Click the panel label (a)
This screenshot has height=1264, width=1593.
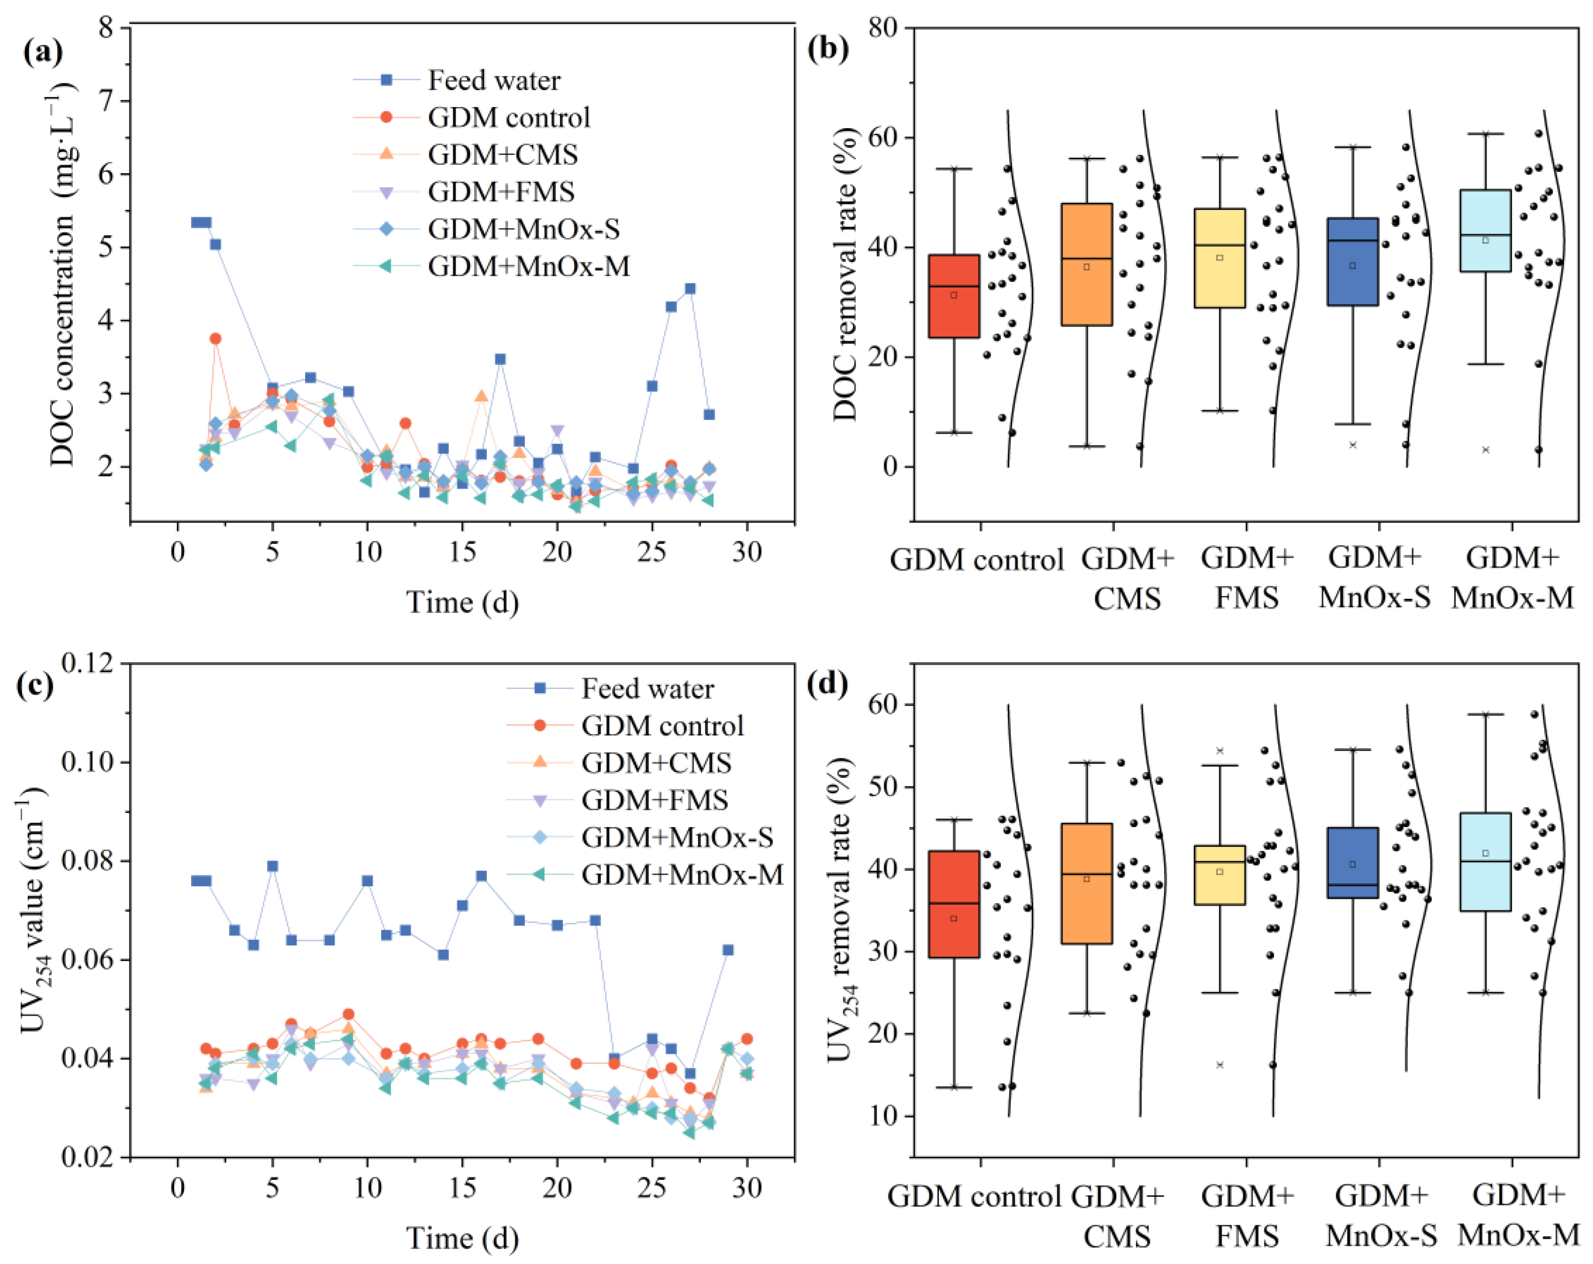tap(43, 52)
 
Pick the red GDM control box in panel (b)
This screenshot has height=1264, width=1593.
tap(953, 296)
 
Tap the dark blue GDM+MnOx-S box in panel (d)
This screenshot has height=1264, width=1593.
tap(1352, 862)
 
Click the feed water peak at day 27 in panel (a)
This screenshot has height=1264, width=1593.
tap(690, 289)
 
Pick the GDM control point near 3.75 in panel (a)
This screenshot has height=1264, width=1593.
tap(215, 338)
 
